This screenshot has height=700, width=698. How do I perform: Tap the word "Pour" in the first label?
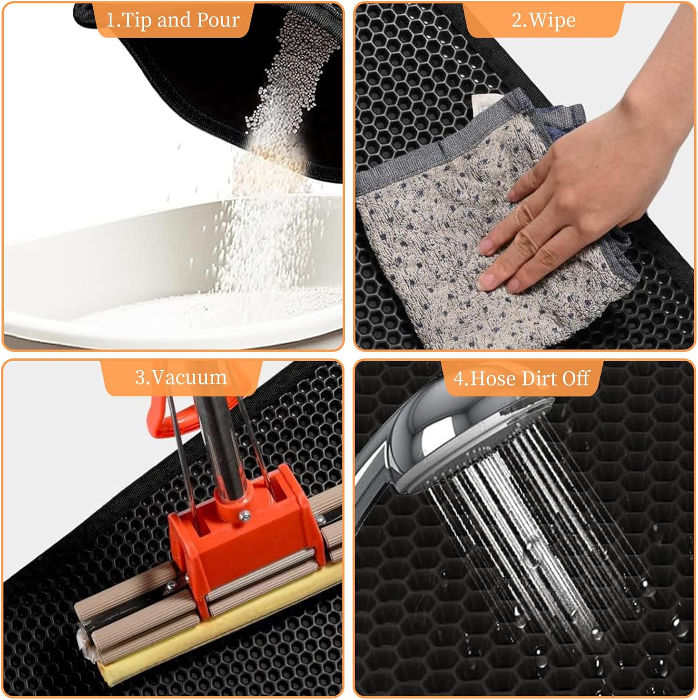218,20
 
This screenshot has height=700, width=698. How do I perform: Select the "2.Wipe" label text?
544,20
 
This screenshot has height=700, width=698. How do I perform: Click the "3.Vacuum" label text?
181,377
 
